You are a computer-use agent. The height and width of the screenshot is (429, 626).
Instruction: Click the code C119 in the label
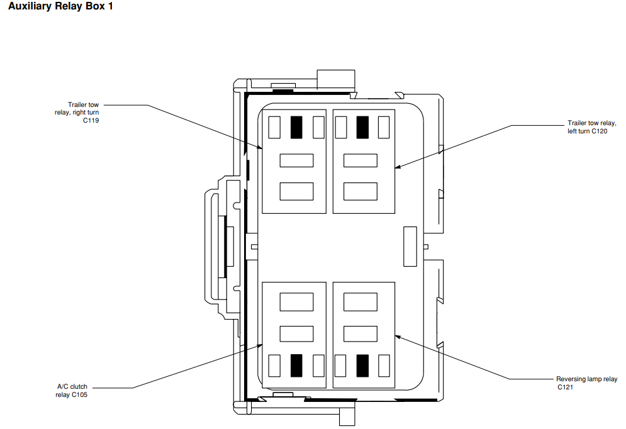tap(91, 120)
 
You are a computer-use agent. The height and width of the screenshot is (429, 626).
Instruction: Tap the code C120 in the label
tap(599, 131)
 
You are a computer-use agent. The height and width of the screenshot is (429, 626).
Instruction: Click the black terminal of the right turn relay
tap(296, 127)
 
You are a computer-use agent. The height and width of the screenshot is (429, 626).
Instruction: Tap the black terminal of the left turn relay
tap(362, 127)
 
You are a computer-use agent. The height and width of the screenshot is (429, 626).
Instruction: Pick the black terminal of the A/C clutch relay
tap(296, 365)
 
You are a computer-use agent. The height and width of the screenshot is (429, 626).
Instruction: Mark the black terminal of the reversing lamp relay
tap(362, 365)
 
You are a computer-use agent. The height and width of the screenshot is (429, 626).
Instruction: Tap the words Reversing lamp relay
tap(586, 379)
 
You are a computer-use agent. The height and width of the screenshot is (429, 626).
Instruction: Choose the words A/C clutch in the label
tap(71, 387)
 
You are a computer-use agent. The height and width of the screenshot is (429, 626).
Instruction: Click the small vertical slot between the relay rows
tap(410, 246)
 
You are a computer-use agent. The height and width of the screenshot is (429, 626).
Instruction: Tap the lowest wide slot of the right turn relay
tap(296, 191)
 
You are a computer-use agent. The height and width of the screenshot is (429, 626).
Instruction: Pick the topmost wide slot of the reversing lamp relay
tap(360, 302)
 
